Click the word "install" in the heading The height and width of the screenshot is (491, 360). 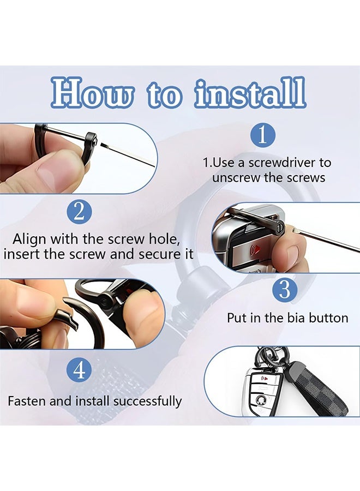tap(250, 93)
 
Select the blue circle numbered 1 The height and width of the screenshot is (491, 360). tap(263, 135)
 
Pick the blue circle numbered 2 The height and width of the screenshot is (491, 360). tap(80, 212)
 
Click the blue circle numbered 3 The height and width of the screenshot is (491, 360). tap(284, 290)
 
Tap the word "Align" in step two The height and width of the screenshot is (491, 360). tap(29, 239)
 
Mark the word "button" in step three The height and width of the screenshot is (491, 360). tap(328, 318)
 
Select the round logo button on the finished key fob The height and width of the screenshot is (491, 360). tap(261, 399)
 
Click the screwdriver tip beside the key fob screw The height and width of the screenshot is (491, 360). tap(293, 230)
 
